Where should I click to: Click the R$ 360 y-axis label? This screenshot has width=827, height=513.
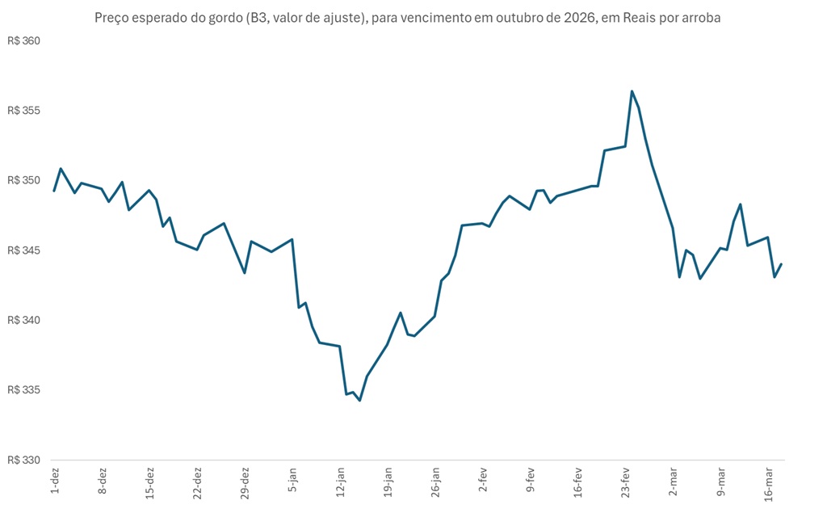click(x=23, y=41)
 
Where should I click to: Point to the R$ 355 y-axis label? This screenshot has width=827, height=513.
click(x=23, y=111)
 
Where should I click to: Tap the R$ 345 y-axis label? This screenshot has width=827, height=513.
click(x=23, y=250)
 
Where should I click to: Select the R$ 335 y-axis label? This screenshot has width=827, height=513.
click(x=23, y=390)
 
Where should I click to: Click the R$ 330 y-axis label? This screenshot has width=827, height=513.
click(x=23, y=460)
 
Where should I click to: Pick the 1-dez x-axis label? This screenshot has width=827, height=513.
click(x=55, y=481)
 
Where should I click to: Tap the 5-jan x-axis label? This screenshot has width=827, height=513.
click(x=293, y=481)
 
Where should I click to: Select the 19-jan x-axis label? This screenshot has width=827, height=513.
click(x=388, y=482)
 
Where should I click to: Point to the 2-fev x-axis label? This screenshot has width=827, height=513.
click(x=484, y=481)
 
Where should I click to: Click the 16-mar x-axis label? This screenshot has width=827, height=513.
click(x=769, y=482)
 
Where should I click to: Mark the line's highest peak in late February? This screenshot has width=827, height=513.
click(x=632, y=91)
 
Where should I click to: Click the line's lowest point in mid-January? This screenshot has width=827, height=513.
click(x=360, y=400)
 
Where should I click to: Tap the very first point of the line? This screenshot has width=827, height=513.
click(x=54, y=191)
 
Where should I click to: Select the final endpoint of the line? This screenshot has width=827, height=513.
click(x=782, y=264)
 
